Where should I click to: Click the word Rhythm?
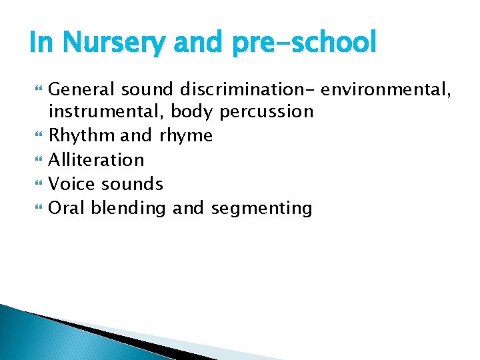(82, 135)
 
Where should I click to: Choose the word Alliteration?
(97, 159)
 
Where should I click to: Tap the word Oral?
(67, 207)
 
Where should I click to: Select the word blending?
(127, 207)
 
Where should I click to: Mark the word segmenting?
(261, 207)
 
